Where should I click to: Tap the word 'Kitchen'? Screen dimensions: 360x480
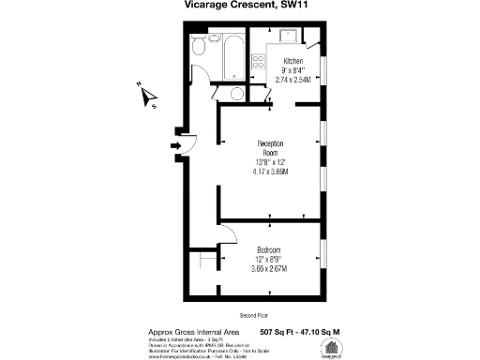(294, 61)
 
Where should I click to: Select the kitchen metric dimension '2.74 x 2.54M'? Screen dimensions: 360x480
(294, 81)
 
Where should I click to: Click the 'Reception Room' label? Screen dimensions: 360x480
(270, 147)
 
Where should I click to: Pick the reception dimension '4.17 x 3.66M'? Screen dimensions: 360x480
(270, 172)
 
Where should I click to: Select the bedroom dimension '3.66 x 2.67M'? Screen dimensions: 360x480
(269, 270)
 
